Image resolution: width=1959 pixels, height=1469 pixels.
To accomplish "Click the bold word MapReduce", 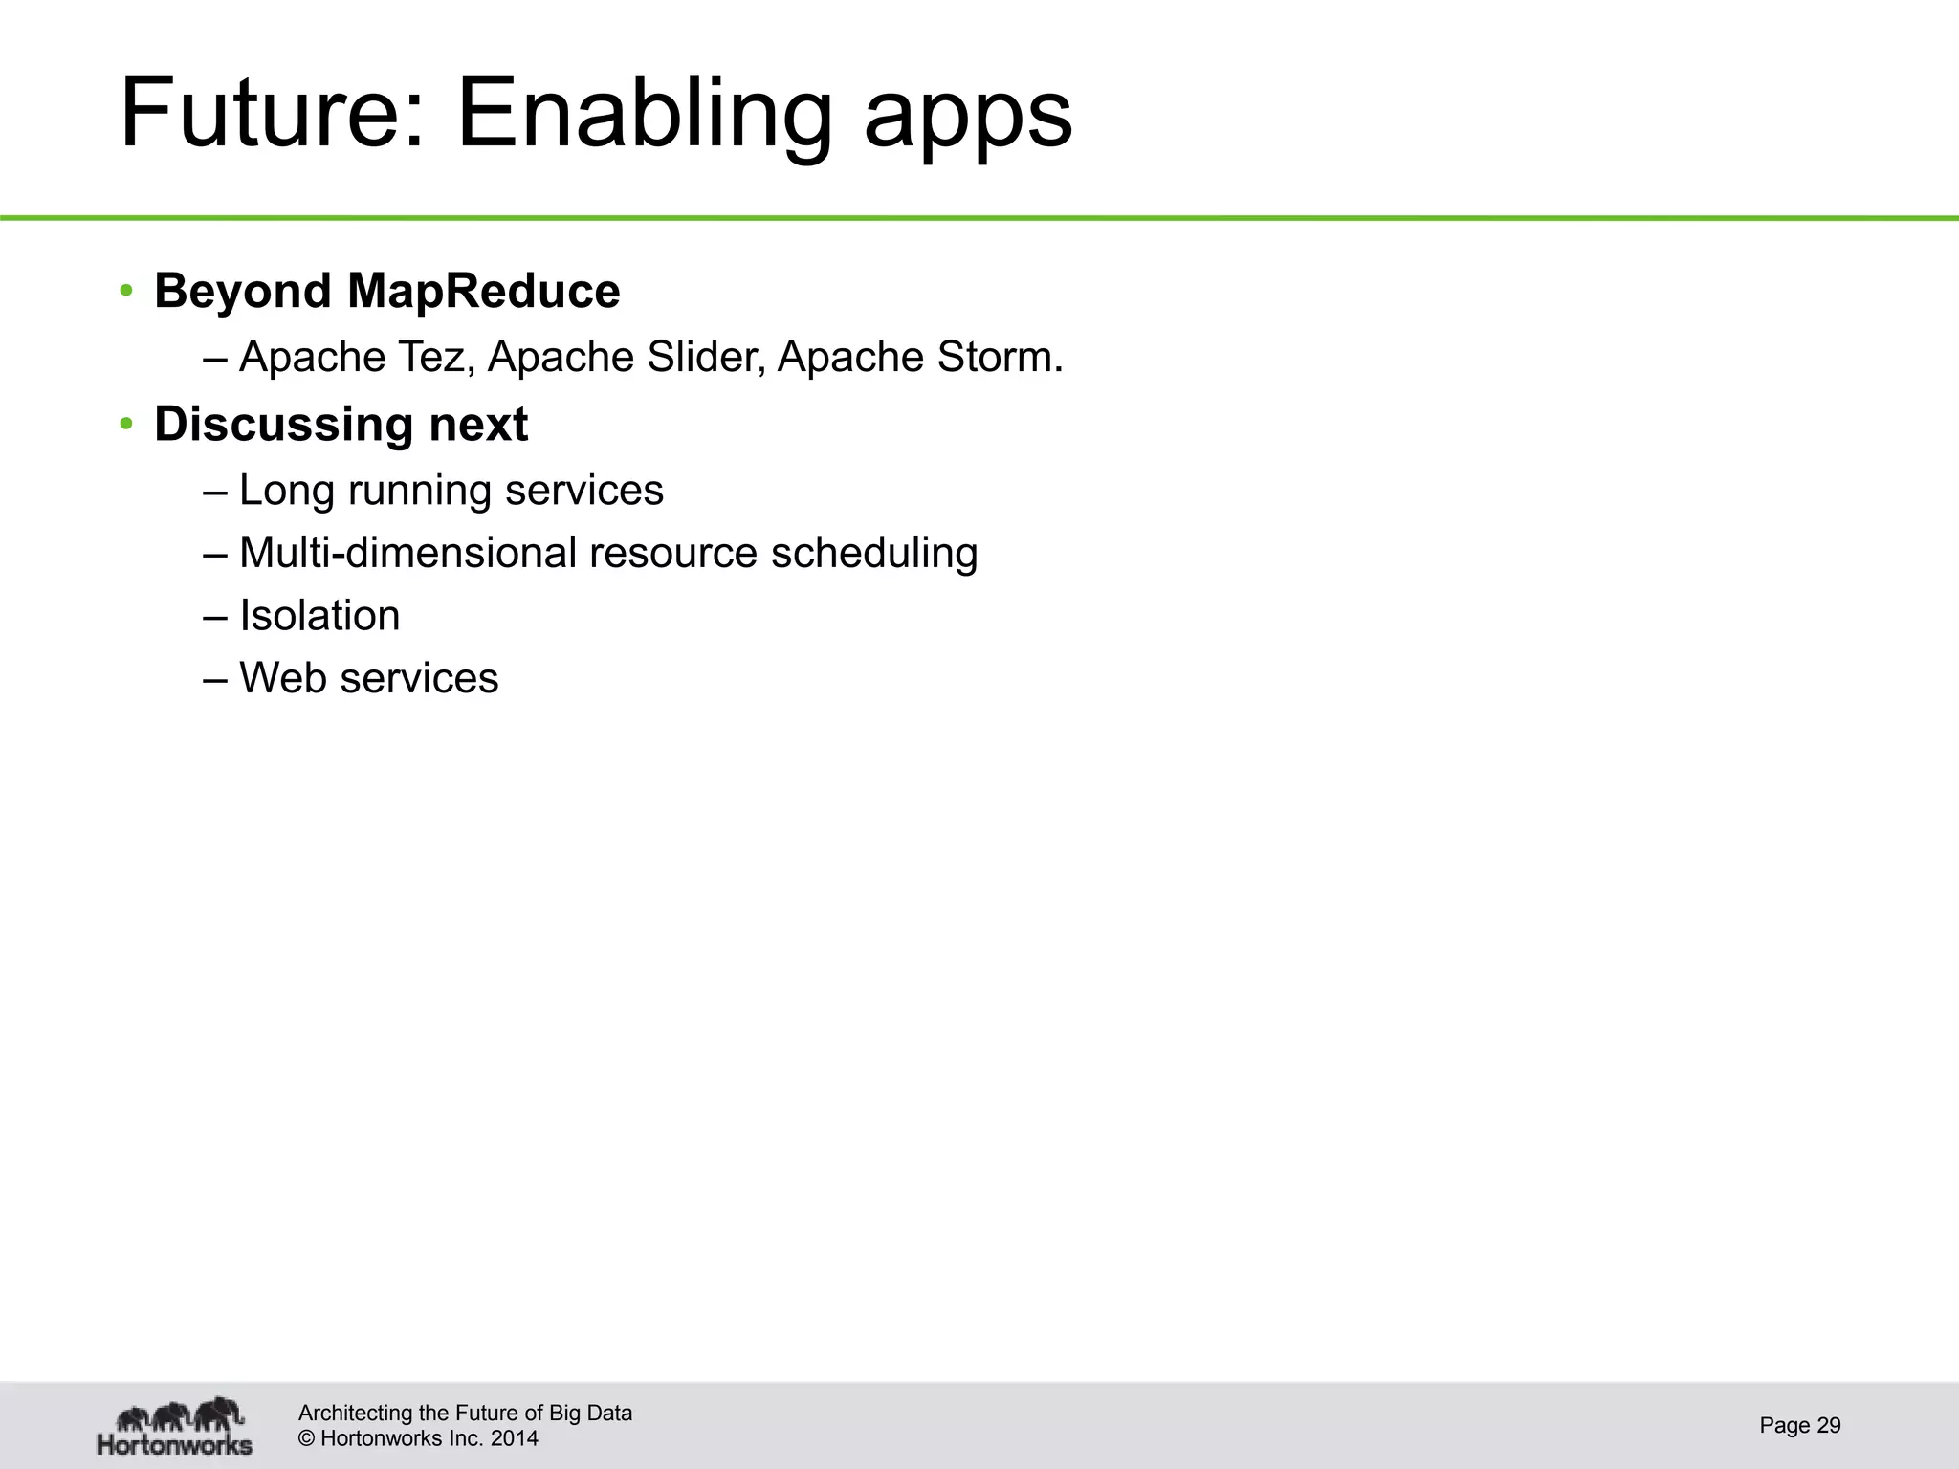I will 483,291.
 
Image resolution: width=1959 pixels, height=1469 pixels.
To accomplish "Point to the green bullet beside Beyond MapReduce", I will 126,291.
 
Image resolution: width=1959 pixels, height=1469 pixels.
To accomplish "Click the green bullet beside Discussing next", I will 126,424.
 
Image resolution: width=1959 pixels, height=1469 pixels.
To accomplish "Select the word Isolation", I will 319,615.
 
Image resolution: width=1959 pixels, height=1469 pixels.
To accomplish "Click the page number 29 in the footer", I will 1828,1426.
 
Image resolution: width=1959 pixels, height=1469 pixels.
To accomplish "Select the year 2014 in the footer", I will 514,1438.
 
